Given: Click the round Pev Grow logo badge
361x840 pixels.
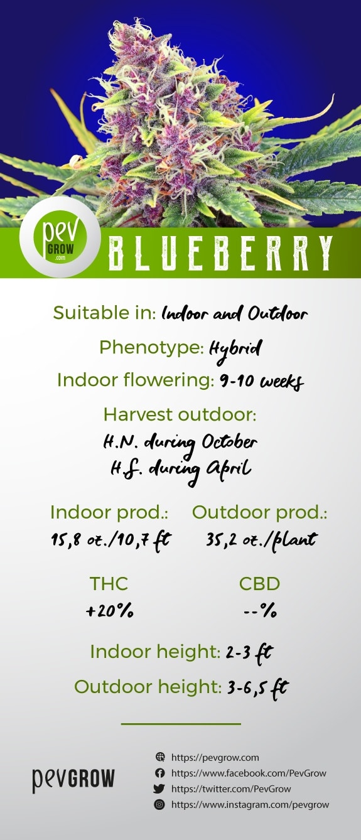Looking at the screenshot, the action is (60, 237).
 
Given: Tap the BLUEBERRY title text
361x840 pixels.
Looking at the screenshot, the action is (220, 253).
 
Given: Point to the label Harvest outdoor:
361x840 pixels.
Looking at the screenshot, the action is (180, 415).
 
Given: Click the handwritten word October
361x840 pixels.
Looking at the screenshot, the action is (229, 443).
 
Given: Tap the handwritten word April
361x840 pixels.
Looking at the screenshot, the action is (228, 468).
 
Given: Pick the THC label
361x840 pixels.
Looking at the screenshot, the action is (109, 584).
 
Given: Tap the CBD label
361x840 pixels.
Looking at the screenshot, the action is (259, 584).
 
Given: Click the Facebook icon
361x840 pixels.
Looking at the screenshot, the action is (159, 773).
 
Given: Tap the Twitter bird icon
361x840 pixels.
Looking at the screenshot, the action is (159, 789).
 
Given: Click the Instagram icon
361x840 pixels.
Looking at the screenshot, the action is (159, 804).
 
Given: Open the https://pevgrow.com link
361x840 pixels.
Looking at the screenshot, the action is (215, 758).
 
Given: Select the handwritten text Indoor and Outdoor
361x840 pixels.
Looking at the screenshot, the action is (235, 313).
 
